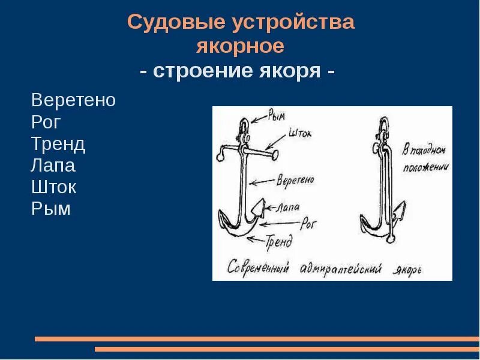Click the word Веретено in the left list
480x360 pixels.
point(73,100)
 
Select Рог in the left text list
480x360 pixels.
point(46,122)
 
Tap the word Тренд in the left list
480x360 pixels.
point(58,144)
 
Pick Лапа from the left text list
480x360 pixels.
point(53,166)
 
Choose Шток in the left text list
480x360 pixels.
point(54,187)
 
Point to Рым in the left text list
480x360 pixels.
point(51,209)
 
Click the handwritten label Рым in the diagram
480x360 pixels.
point(278,113)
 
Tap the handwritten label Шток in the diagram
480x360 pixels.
point(300,132)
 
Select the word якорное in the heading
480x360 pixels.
point(240,46)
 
